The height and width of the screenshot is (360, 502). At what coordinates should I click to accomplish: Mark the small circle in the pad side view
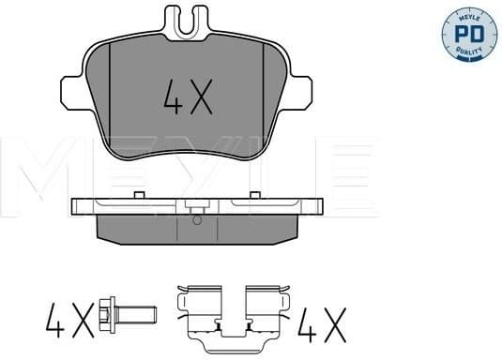tap(197, 221)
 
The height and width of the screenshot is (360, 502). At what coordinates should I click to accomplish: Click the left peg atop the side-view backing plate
tap(137, 194)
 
